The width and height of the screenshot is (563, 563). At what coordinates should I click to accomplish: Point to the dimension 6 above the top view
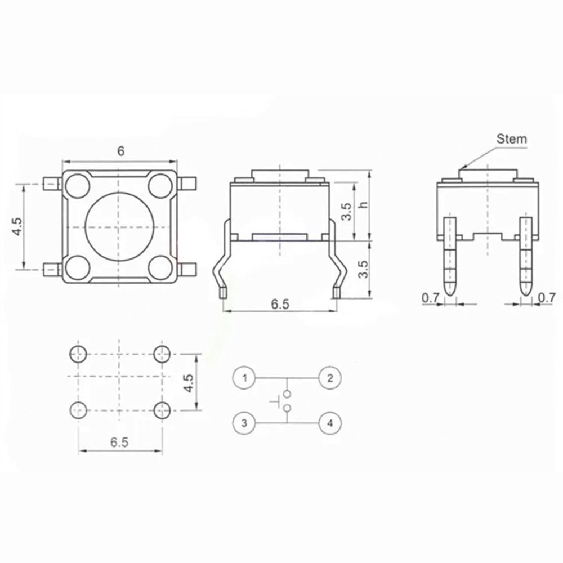pos(120,150)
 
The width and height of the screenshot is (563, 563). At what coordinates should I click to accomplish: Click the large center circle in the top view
pos(119,227)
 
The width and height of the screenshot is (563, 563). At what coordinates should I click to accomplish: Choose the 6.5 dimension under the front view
pos(280,304)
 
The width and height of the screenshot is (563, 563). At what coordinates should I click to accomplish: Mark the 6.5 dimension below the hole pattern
pos(119,443)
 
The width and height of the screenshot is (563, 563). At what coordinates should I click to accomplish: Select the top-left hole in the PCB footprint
pos(78,354)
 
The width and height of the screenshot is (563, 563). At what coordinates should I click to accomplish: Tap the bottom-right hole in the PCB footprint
pos(162,410)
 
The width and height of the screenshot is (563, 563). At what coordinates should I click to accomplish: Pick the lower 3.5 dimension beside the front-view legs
pos(364,269)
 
